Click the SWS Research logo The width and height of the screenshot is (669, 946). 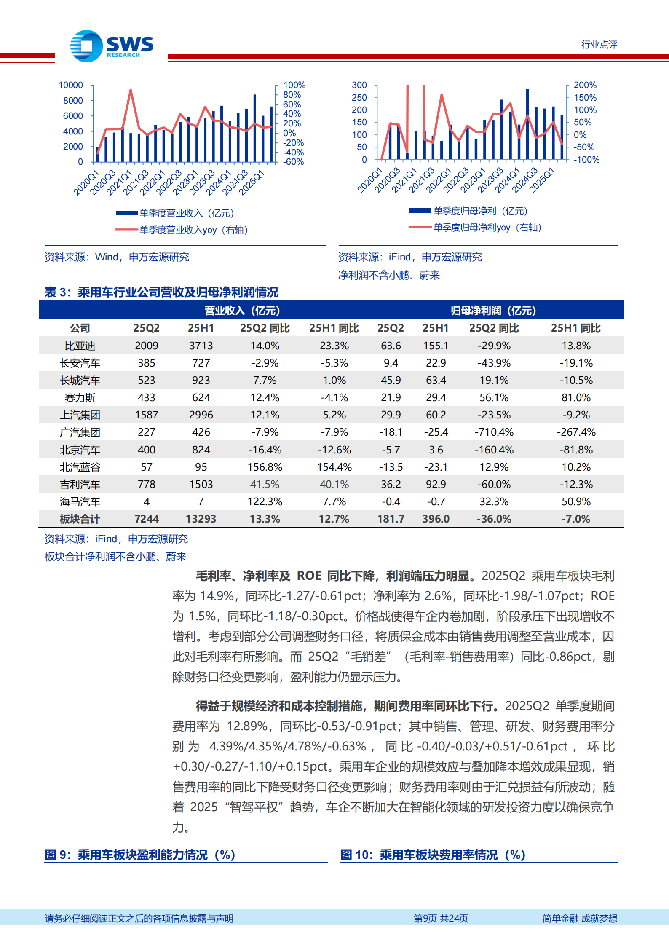(x=112, y=46)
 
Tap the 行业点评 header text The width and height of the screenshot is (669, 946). (x=599, y=45)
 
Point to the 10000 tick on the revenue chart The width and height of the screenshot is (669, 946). (x=71, y=85)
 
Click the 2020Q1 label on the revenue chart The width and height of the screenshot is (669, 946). (x=86, y=182)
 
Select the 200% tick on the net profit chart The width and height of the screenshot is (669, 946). (x=585, y=85)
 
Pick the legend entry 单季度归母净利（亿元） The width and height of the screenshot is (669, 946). (x=480, y=211)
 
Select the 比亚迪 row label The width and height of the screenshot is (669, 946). (x=80, y=346)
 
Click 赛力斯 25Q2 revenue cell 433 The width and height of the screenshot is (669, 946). (x=146, y=398)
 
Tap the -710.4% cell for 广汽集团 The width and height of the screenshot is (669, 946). (x=494, y=432)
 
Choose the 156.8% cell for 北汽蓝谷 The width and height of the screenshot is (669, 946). (x=265, y=467)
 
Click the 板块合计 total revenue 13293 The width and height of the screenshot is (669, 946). (x=201, y=519)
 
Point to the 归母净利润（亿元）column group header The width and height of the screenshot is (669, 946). (x=493, y=311)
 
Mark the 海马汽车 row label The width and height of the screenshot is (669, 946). (x=80, y=502)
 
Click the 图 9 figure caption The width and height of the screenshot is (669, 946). (x=139, y=855)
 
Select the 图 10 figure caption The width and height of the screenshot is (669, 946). (x=432, y=855)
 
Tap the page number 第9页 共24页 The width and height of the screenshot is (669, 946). (x=440, y=918)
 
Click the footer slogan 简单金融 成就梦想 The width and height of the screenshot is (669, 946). (x=579, y=918)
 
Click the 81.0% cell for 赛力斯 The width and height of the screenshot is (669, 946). (x=575, y=398)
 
